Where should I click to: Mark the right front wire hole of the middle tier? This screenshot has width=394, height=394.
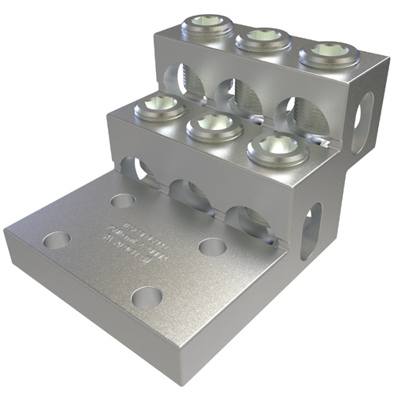click(x=246, y=216)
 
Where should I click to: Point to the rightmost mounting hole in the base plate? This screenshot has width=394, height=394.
click(x=213, y=247)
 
